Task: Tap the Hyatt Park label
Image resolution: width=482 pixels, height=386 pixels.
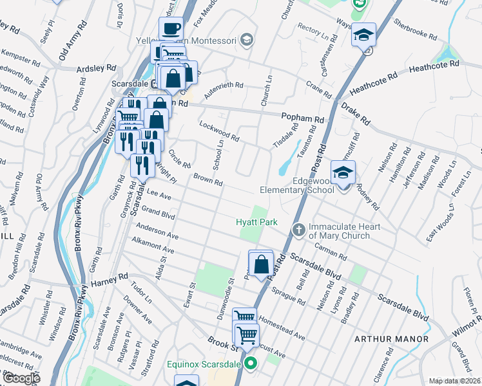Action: [x=256, y=222]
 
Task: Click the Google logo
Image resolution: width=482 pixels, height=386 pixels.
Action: [x=22, y=378]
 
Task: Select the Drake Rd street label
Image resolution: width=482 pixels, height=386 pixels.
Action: [x=356, y=113]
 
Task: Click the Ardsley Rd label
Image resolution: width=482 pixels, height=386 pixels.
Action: [x=96, y=68]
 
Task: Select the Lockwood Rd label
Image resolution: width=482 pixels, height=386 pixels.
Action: [x=219, y=131]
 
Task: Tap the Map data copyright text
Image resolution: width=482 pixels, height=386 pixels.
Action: [x=454, y=381]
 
